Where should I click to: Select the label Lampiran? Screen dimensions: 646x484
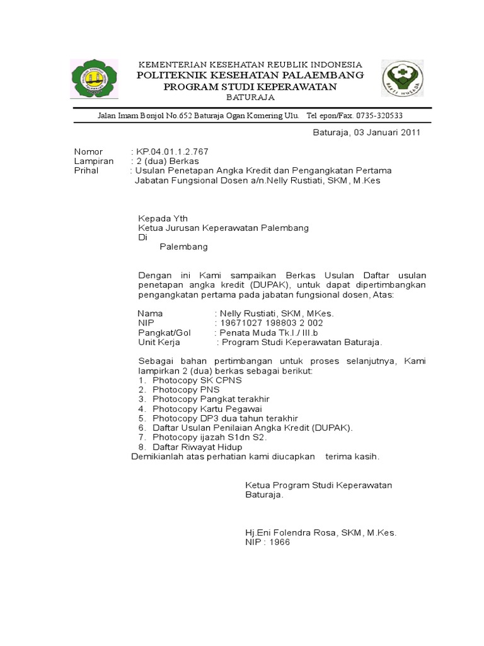(94, 161)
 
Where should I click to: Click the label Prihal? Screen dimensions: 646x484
(88, 170)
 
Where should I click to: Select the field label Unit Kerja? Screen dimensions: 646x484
(159, 342)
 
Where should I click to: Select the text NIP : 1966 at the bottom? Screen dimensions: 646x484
(268, 542)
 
